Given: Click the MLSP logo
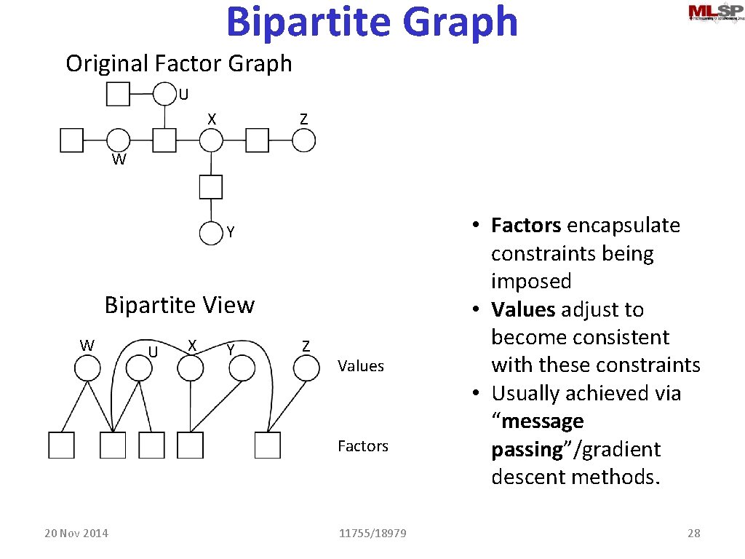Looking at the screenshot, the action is tap(714, 14).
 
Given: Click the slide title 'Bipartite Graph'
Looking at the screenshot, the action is tap(372, 22).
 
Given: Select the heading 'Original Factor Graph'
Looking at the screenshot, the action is tap(178, 63).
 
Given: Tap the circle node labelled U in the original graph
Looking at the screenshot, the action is tap(165, 94).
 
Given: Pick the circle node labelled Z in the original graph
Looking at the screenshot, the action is tap(304, 140).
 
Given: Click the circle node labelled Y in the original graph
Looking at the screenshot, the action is tap(211, 233).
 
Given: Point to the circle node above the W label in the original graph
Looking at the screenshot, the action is tap(118, 140).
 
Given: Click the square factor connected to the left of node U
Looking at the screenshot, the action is tap(119, 94).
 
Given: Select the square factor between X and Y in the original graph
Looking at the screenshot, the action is tap(211, 187).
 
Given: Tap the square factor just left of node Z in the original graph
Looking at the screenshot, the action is tap(258, 140).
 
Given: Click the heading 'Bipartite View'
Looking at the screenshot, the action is tap(180, 305).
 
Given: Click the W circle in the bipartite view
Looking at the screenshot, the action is tap(88, 368).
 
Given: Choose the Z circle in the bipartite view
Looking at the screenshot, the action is tap(306, 368).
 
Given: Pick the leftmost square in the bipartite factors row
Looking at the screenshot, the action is tap(62, 445).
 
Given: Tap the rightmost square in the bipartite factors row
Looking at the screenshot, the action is tap(268, 445).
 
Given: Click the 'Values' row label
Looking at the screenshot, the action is tap(361, 366).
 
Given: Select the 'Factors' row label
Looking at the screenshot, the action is tap(363, 446).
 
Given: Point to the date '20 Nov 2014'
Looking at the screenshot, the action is tap(76, 534).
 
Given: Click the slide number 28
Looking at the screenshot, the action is tap(694, 534).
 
